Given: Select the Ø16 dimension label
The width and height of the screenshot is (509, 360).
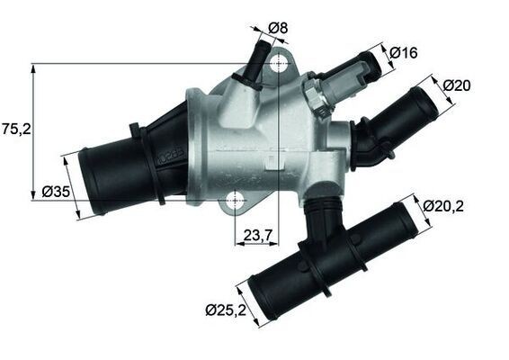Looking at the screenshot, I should tap(402, 54).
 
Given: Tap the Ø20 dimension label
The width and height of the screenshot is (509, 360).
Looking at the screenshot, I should tap(457, 85).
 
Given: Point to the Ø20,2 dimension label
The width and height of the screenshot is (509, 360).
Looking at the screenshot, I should tap(444, 205).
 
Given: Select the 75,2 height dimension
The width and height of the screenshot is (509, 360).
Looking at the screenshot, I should tap(15, 129).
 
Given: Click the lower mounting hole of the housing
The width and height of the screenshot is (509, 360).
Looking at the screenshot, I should tap(236, 200).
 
